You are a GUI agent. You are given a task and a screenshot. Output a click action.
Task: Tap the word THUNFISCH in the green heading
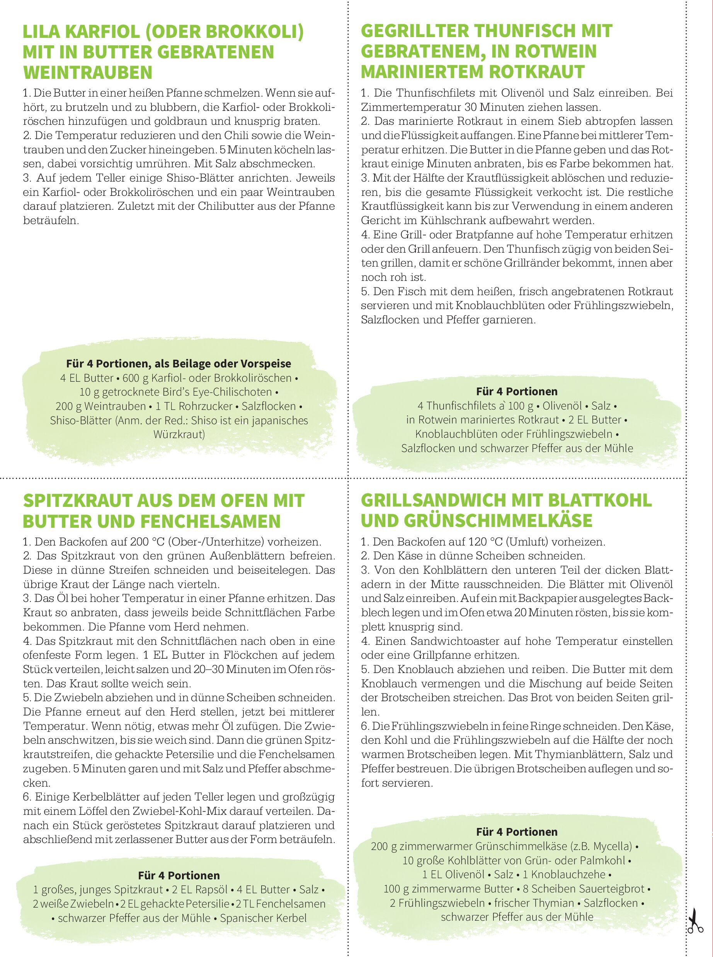click(x=531, y=31)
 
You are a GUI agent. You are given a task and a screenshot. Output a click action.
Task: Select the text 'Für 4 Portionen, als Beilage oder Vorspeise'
click(x=178, y=364)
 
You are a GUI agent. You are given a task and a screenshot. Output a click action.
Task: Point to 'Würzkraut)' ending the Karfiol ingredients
click(x=179, y=434)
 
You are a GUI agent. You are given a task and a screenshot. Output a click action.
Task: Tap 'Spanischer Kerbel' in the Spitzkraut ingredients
click(x=263, y=918)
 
